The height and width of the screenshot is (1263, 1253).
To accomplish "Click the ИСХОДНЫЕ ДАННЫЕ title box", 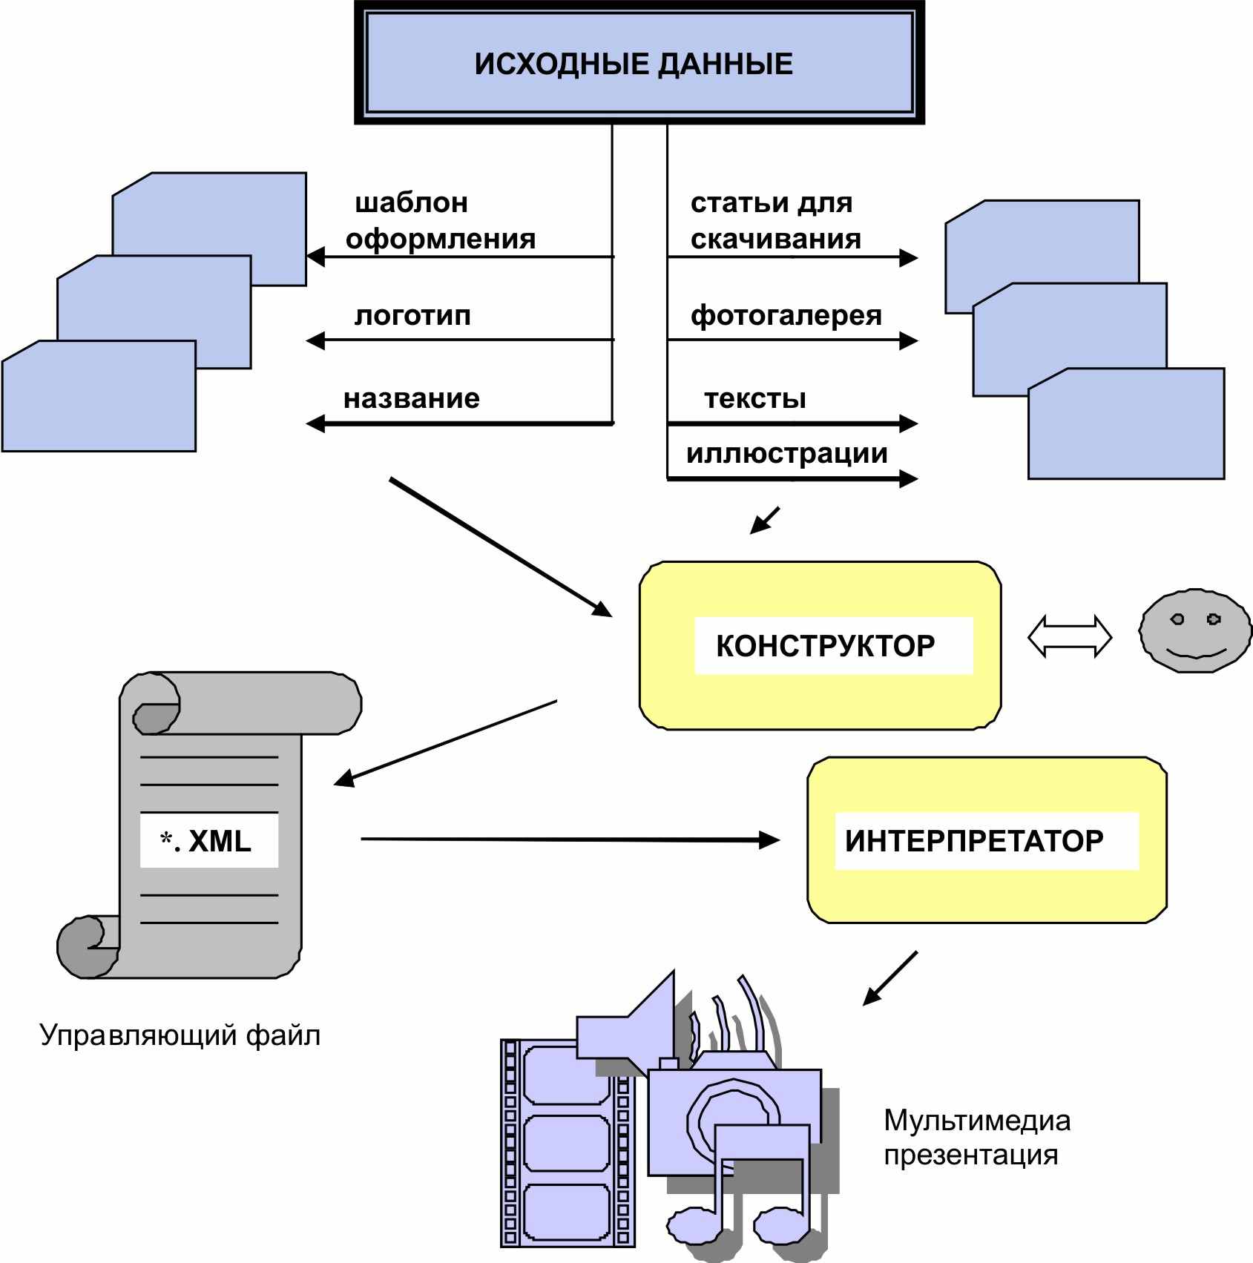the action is pos(639,63).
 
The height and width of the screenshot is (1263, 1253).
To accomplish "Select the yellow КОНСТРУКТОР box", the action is pos(820,645).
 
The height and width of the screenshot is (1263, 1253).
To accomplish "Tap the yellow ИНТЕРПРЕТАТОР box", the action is pos(987,840).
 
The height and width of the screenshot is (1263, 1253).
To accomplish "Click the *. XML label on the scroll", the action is pos(206,841).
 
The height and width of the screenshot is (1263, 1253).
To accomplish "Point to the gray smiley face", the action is pos(1195,631).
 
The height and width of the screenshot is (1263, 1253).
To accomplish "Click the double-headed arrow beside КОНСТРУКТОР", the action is pos(1070,636).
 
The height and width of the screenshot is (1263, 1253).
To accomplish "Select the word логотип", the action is pos(412,316).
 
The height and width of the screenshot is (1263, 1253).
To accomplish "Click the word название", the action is pos(412,399).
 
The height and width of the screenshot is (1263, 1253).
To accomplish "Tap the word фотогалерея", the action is pos(786,316).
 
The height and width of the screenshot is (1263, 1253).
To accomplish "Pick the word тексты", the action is pos(755,399).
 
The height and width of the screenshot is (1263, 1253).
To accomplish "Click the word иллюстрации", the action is pos(787,454).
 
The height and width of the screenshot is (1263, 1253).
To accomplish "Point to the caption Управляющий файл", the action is pos(180,1035).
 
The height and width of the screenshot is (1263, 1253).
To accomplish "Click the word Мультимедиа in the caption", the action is pos(977,1121).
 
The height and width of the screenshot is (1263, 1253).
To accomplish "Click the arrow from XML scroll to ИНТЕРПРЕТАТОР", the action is pos(570,840).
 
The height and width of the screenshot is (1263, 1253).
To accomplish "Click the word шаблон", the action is pos(412,202).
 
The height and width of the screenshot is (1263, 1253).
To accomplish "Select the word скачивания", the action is pos(776,239).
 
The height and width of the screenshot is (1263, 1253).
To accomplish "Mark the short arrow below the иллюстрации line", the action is pos(765,521).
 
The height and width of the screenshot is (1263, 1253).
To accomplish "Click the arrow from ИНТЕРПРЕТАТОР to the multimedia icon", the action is pos(889,978).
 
